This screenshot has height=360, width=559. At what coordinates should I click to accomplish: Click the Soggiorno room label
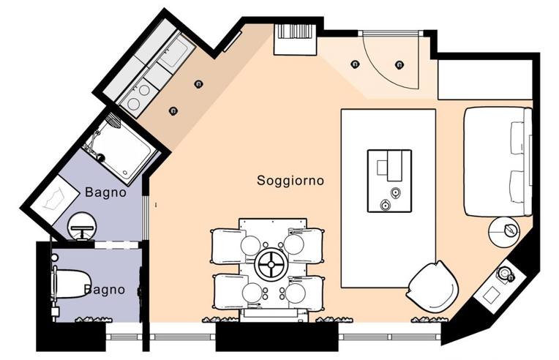click(x=290, y=180)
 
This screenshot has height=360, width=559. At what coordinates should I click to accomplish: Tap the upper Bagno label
click(x=105, y=192)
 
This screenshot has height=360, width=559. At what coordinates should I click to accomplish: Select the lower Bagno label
click(x=105, y=290)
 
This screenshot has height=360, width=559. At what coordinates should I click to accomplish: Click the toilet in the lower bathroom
click(x=71, y=284)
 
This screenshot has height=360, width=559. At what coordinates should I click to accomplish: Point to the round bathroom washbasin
click(x=83, y=226)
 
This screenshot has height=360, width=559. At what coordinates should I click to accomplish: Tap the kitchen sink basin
click(x=174, y=53)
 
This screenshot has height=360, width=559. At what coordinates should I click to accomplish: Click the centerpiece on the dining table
click(x=271, y=264)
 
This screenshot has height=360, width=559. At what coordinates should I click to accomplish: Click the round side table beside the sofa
click(x=503, y=232)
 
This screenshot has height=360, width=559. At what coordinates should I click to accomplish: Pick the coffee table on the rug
click(x=390, y=181)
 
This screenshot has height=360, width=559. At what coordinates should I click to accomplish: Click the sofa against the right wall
click(x=498, y=162)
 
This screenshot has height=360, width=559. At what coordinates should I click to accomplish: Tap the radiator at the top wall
click(x=295, y=40)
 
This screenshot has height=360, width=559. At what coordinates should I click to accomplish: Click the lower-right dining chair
click(x=305, y=293)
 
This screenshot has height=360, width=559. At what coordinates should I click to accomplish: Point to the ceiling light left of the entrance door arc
click(x=355, y=64)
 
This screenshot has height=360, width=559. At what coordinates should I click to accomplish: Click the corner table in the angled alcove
click(x=495, y=286)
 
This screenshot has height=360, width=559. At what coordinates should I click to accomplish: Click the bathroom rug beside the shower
click(x=55, y=202)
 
